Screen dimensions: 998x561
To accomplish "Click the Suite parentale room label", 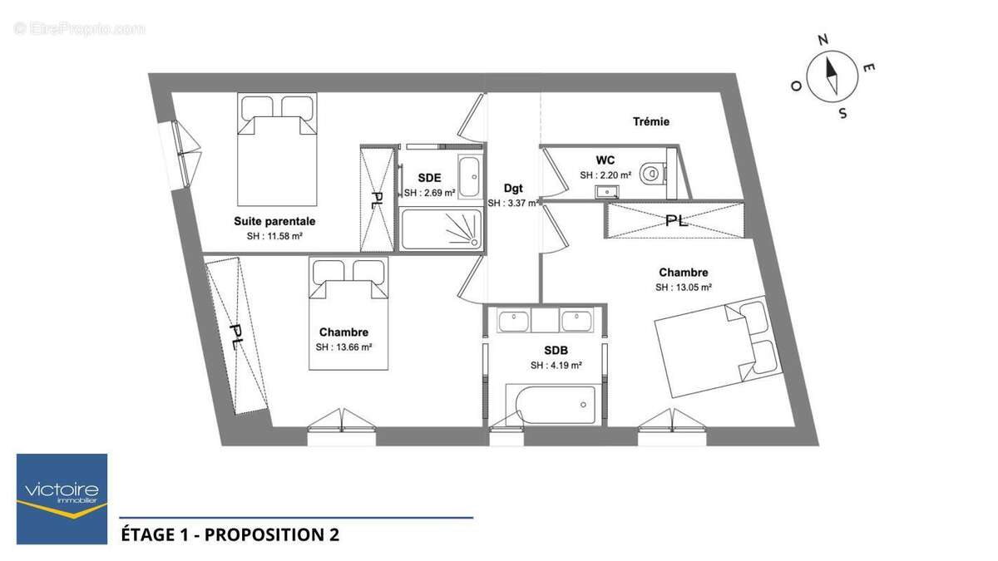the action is click(x=274, y=221).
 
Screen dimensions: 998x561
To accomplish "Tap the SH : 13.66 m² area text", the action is click(x=343, y=347).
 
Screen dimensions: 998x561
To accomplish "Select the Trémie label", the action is click(x=651, y=121).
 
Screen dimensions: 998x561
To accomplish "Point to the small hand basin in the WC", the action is click(x=607, y=192).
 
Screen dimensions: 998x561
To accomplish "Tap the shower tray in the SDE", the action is click(x=442, y=229).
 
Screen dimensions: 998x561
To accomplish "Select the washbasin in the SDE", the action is click(x=469, y=177).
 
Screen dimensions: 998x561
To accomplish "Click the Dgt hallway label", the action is click(x=513, y=189).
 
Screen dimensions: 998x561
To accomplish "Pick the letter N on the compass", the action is click(x=823, y=41).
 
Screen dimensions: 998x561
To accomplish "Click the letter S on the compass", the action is click(x=842, y=114).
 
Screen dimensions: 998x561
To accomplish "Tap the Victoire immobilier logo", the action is click(x=62, y=499).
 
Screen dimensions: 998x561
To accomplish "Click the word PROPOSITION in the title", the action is click(x=264, y=534).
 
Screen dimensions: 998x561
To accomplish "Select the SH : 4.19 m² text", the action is click(x=556, y=366).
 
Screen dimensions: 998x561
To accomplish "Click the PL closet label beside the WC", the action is click(x=676, y=221).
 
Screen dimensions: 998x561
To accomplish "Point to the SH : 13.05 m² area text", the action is click(x=683, y=288).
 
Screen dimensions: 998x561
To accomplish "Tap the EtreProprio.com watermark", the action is click(x=80, y=29).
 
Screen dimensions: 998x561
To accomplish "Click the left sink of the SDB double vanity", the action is click(x=514, y=321).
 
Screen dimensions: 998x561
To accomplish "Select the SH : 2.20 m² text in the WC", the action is click(x=605, y=175).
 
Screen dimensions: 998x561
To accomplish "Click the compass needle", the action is click(x=832, y=76).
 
